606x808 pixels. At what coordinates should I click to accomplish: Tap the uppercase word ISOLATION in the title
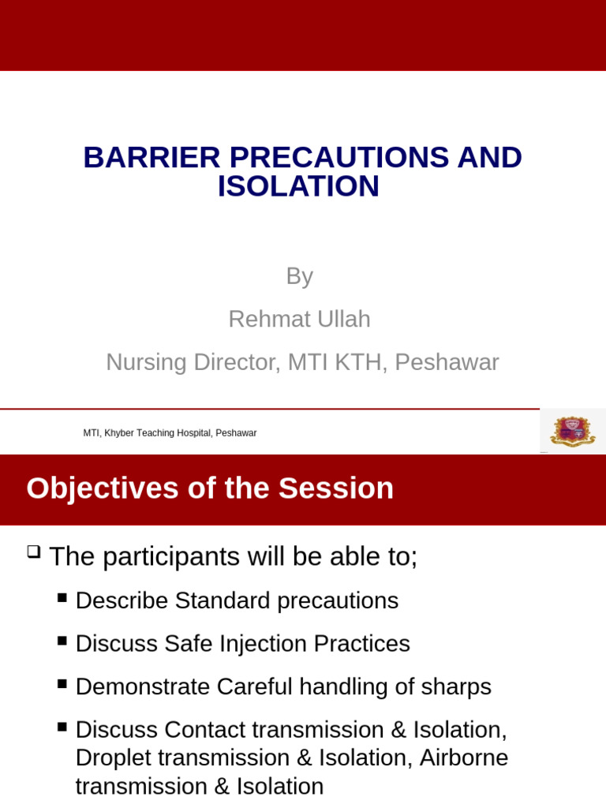tap(298, 187)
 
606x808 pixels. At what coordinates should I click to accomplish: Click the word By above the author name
tap(299, 276)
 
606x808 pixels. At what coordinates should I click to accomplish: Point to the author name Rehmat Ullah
tap(299, 320)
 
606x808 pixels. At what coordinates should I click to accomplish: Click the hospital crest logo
tap(572, 431)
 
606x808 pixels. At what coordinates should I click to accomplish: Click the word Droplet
tap(113, 757)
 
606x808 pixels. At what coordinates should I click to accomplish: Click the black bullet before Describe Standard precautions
tap(62, 597)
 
